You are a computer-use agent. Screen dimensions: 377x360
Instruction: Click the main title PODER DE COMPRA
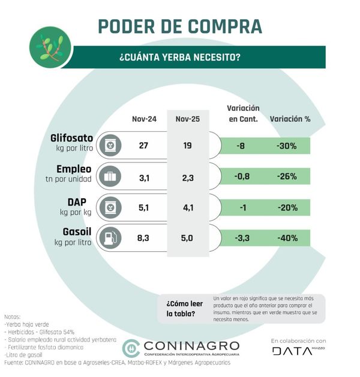(x=179, y=27)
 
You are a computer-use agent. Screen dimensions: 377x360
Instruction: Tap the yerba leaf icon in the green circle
(x=50, y=47)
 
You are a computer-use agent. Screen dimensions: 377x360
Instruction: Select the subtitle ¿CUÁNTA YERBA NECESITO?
(x=179, y=58)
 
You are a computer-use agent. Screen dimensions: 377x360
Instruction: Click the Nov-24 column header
(x=144, y=119)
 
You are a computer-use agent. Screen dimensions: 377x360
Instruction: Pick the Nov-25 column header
(x=187, y=119)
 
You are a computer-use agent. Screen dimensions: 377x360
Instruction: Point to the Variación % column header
(x=290, y=119)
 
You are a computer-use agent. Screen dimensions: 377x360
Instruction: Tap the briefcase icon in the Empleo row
(x=110, y=177)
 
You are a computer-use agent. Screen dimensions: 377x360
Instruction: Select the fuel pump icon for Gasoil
(x=110, y=237)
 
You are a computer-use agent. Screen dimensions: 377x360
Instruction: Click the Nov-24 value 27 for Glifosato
(x=143, y=146)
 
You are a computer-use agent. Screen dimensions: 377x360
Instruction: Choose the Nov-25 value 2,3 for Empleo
(x=187, y=177)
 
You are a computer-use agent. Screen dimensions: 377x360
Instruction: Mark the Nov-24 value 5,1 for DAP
(x=143, y=207)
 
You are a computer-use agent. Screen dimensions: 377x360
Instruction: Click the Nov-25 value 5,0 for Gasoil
(x=187, y=238)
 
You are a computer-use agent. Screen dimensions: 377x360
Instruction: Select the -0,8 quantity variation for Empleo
(x=242, y=177)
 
